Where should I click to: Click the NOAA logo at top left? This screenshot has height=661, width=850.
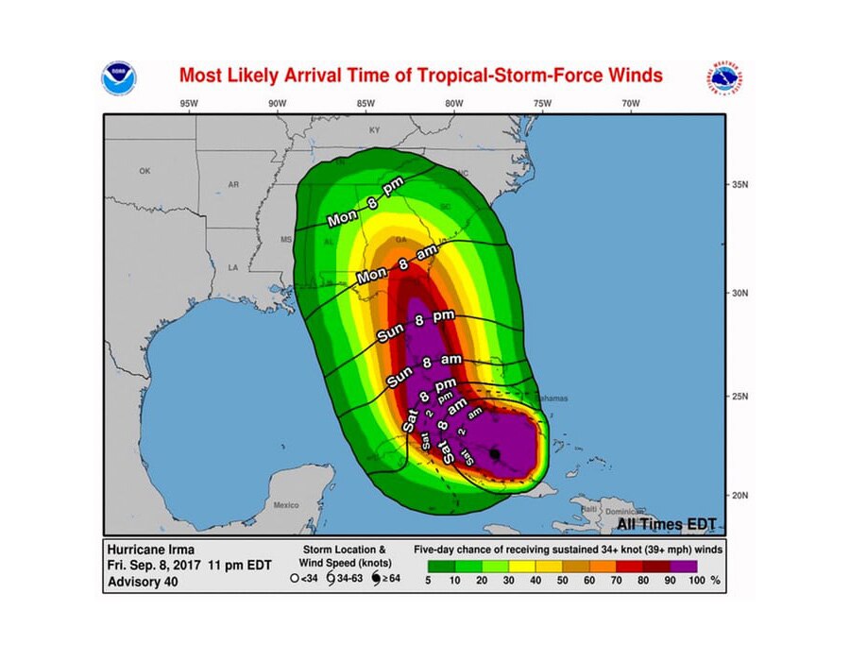[119, 76]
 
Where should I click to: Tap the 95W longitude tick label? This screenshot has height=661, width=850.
[188, 103]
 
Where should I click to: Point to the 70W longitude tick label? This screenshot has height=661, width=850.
[631, 103]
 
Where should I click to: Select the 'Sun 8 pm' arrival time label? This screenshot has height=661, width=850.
[416, 326]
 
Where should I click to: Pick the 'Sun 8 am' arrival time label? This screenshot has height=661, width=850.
[423, 370]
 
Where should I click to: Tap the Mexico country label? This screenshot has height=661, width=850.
[285, 505]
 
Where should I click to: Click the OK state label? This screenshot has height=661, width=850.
[144, 171]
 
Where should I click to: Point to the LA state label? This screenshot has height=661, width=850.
[232, 267]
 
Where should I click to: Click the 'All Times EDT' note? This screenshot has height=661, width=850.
[667, 523]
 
